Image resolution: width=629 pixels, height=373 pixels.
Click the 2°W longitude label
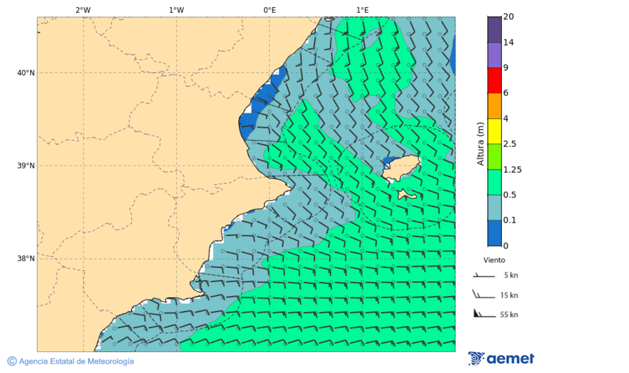82,10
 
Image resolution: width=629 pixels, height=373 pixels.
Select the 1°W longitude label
176,10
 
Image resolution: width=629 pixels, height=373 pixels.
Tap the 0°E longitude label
269,10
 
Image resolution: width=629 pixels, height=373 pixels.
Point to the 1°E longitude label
362,10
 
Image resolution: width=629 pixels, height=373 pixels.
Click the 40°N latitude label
25,73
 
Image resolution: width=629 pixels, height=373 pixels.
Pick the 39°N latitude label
25,166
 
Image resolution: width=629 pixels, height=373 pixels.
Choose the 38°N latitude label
25,259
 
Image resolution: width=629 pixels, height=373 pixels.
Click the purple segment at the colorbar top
494,29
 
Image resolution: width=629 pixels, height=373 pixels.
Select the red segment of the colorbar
494,80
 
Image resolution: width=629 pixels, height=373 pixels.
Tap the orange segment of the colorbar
494,106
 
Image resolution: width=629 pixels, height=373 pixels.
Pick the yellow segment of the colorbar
494,131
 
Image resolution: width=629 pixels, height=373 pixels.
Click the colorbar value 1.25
512,169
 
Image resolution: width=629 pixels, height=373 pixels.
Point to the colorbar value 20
509,17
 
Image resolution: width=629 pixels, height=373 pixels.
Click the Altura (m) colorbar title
480,143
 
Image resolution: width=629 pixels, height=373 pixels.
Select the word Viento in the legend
494,260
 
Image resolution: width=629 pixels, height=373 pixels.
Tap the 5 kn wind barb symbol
482,276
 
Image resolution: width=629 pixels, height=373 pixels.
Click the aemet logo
501,358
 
